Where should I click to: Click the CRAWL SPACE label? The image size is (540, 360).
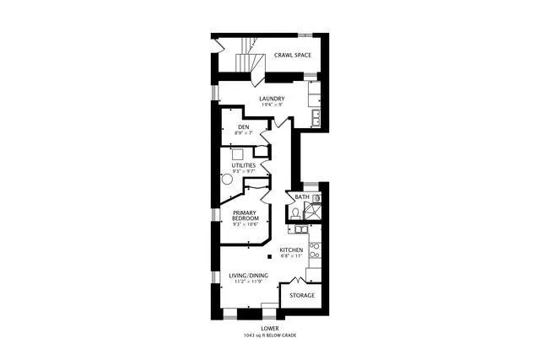pyautogui.click(x=293, y=56)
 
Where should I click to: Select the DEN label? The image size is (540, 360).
pyautogui.click(x=243, y=127)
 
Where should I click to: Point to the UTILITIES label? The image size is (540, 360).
pyautogui.click(x=244, y=165)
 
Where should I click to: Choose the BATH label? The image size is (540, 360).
pyautogui.click(x=300, y=197)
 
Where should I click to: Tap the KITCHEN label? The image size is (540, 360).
pyautogui.click(x=292, y=250)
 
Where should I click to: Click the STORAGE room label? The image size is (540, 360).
pyautogui.click(x=302, y=295)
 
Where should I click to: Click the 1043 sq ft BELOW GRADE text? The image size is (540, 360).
pyautogui.click(x=270, y=336)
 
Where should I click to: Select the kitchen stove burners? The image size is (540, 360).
pyautogui.click(x=314, y=250)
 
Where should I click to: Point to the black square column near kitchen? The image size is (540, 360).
pyautogui.click(x=268, y=256)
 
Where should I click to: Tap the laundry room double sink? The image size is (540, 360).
pyautogui.click(x=315, y=118)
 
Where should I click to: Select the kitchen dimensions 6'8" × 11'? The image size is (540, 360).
pyautogui.click(x=292, y=257)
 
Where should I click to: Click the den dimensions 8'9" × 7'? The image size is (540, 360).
pyautogui.click(x=243, y=133)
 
